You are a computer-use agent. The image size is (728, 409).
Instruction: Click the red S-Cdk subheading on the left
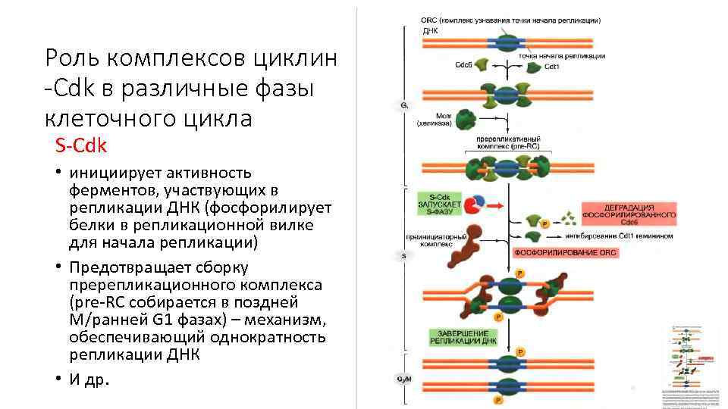point(81,144)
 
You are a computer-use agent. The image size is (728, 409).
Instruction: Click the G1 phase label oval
point(404,106)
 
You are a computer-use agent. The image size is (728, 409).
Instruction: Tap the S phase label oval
point(404,255)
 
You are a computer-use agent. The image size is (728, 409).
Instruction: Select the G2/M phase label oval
point(404,378)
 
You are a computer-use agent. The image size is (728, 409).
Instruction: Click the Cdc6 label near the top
point(463,66)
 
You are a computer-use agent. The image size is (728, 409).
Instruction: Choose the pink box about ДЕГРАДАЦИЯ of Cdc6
point(629,214)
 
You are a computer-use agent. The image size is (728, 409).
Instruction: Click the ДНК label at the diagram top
point(429,31)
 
